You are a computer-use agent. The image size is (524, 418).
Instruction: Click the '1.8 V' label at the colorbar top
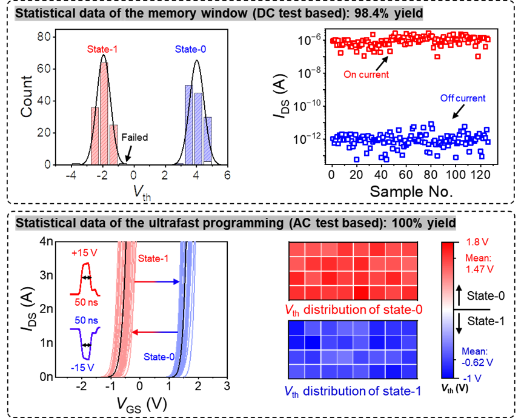click(x=476, y=242)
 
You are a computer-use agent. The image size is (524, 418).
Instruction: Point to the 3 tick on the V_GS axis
click(x=227, y=386)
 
